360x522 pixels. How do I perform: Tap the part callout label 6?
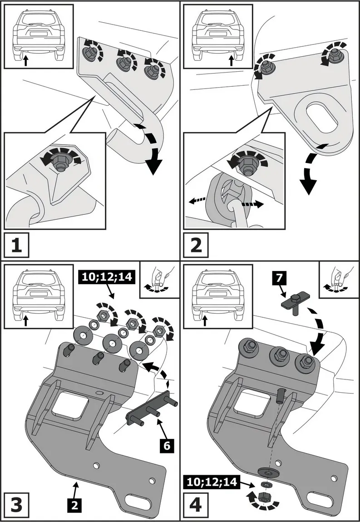[167, 447]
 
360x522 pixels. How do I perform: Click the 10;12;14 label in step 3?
[106, 276]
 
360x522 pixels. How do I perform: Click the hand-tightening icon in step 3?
[158, 279]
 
